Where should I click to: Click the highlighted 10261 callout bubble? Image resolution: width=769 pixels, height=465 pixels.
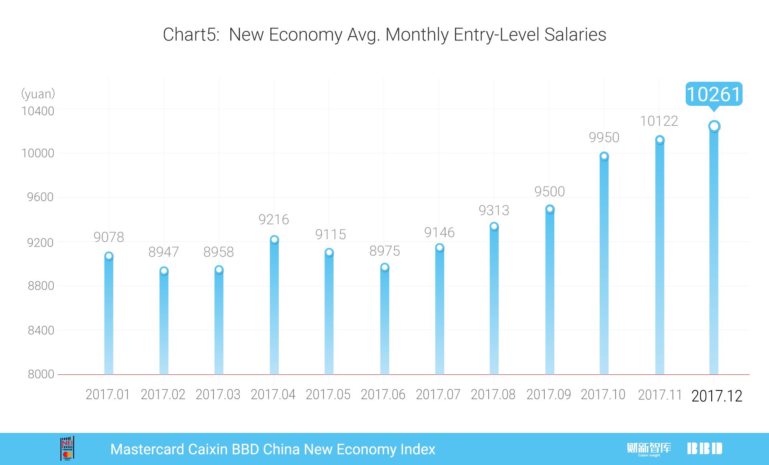coord(714,94)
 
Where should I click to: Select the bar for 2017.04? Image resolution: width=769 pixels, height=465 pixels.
coord(274,309)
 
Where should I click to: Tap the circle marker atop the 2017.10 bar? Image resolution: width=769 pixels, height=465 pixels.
coord(604,156)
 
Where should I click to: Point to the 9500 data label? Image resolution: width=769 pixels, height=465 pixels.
coord(550,192)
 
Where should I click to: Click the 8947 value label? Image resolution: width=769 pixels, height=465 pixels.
coord(163,252)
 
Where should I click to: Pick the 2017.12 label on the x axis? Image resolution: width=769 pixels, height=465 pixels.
coord(717,396)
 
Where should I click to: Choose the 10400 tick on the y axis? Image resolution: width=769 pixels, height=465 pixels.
coord(38,111)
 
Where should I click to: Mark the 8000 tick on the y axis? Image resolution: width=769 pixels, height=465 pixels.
coord(41,374)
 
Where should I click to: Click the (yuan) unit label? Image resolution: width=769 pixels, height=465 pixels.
coord(38,94)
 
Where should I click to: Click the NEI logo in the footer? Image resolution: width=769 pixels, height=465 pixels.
coord(67,449)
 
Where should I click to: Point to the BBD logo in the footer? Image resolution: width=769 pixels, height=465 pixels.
coord(705,449)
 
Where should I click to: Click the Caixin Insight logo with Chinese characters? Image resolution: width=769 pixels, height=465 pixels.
coord(649,449)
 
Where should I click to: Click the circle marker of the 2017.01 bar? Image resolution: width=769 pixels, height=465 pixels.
coord(109,256)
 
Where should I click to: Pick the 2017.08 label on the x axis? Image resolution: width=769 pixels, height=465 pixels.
coord(493,395)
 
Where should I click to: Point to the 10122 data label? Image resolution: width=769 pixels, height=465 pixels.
coord(659,121)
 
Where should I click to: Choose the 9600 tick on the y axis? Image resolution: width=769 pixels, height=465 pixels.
coord(40,197)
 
